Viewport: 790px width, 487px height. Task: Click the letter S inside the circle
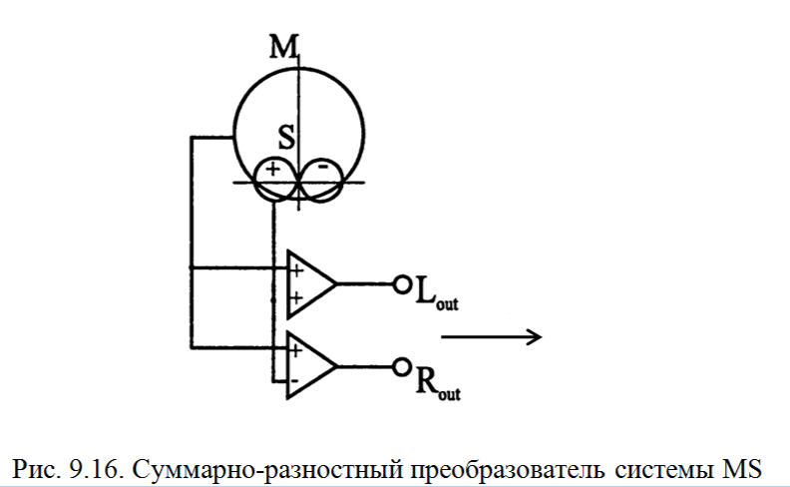tap(286, 138)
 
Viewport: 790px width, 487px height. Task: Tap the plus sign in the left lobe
tap(272, 170)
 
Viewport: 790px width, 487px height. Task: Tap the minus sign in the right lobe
tap(322, 169)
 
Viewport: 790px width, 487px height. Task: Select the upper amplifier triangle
tap(309, 282)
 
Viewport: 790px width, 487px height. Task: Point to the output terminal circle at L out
tap(402, 284)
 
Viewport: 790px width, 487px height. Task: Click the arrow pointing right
tap(491, 337)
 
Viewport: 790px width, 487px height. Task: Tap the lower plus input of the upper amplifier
tap(296, 297)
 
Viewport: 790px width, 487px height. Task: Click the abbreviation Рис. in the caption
tap(38, 465)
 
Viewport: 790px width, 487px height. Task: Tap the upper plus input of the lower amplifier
tap(296, 350)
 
